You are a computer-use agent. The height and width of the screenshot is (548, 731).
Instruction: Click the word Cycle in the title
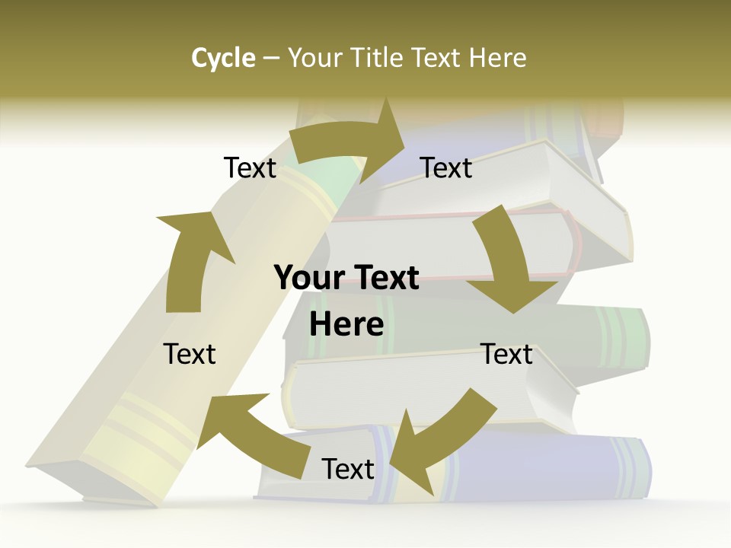pyautogui.click(x=223, y=58)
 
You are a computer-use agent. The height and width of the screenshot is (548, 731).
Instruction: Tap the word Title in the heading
pyautogui.click(x=380, y=58)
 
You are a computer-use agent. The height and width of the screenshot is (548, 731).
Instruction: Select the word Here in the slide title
pyautogui.click(x=499, y=58)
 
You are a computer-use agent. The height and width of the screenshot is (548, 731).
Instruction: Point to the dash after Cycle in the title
pyautogui.click(x=271, y=59)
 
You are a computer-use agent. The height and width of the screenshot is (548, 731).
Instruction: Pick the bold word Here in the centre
pyautogui.click(x=346, y=324)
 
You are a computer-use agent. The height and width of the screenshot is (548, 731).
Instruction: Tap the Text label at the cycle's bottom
pyautogui.click(x=348, y=470)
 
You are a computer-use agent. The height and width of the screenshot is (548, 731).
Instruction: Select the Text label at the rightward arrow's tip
pyautogui.click(x=446, y=167)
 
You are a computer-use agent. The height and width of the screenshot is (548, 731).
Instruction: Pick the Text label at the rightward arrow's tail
pyautogui.click(x=250, y=167)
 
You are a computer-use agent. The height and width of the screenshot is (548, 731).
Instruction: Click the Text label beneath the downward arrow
pyautogui.click(x=507, y=354)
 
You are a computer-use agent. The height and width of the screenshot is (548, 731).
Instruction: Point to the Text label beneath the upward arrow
pyautogui.click(x=190, y=354)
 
